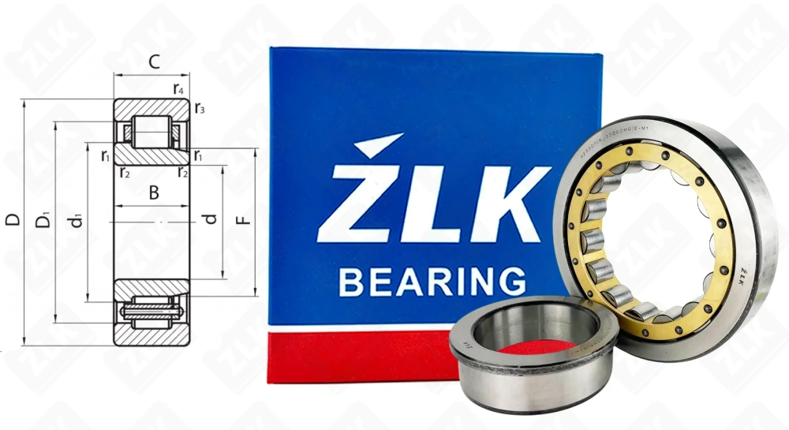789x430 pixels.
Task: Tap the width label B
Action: pyautogui.click(x=155, y=192)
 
